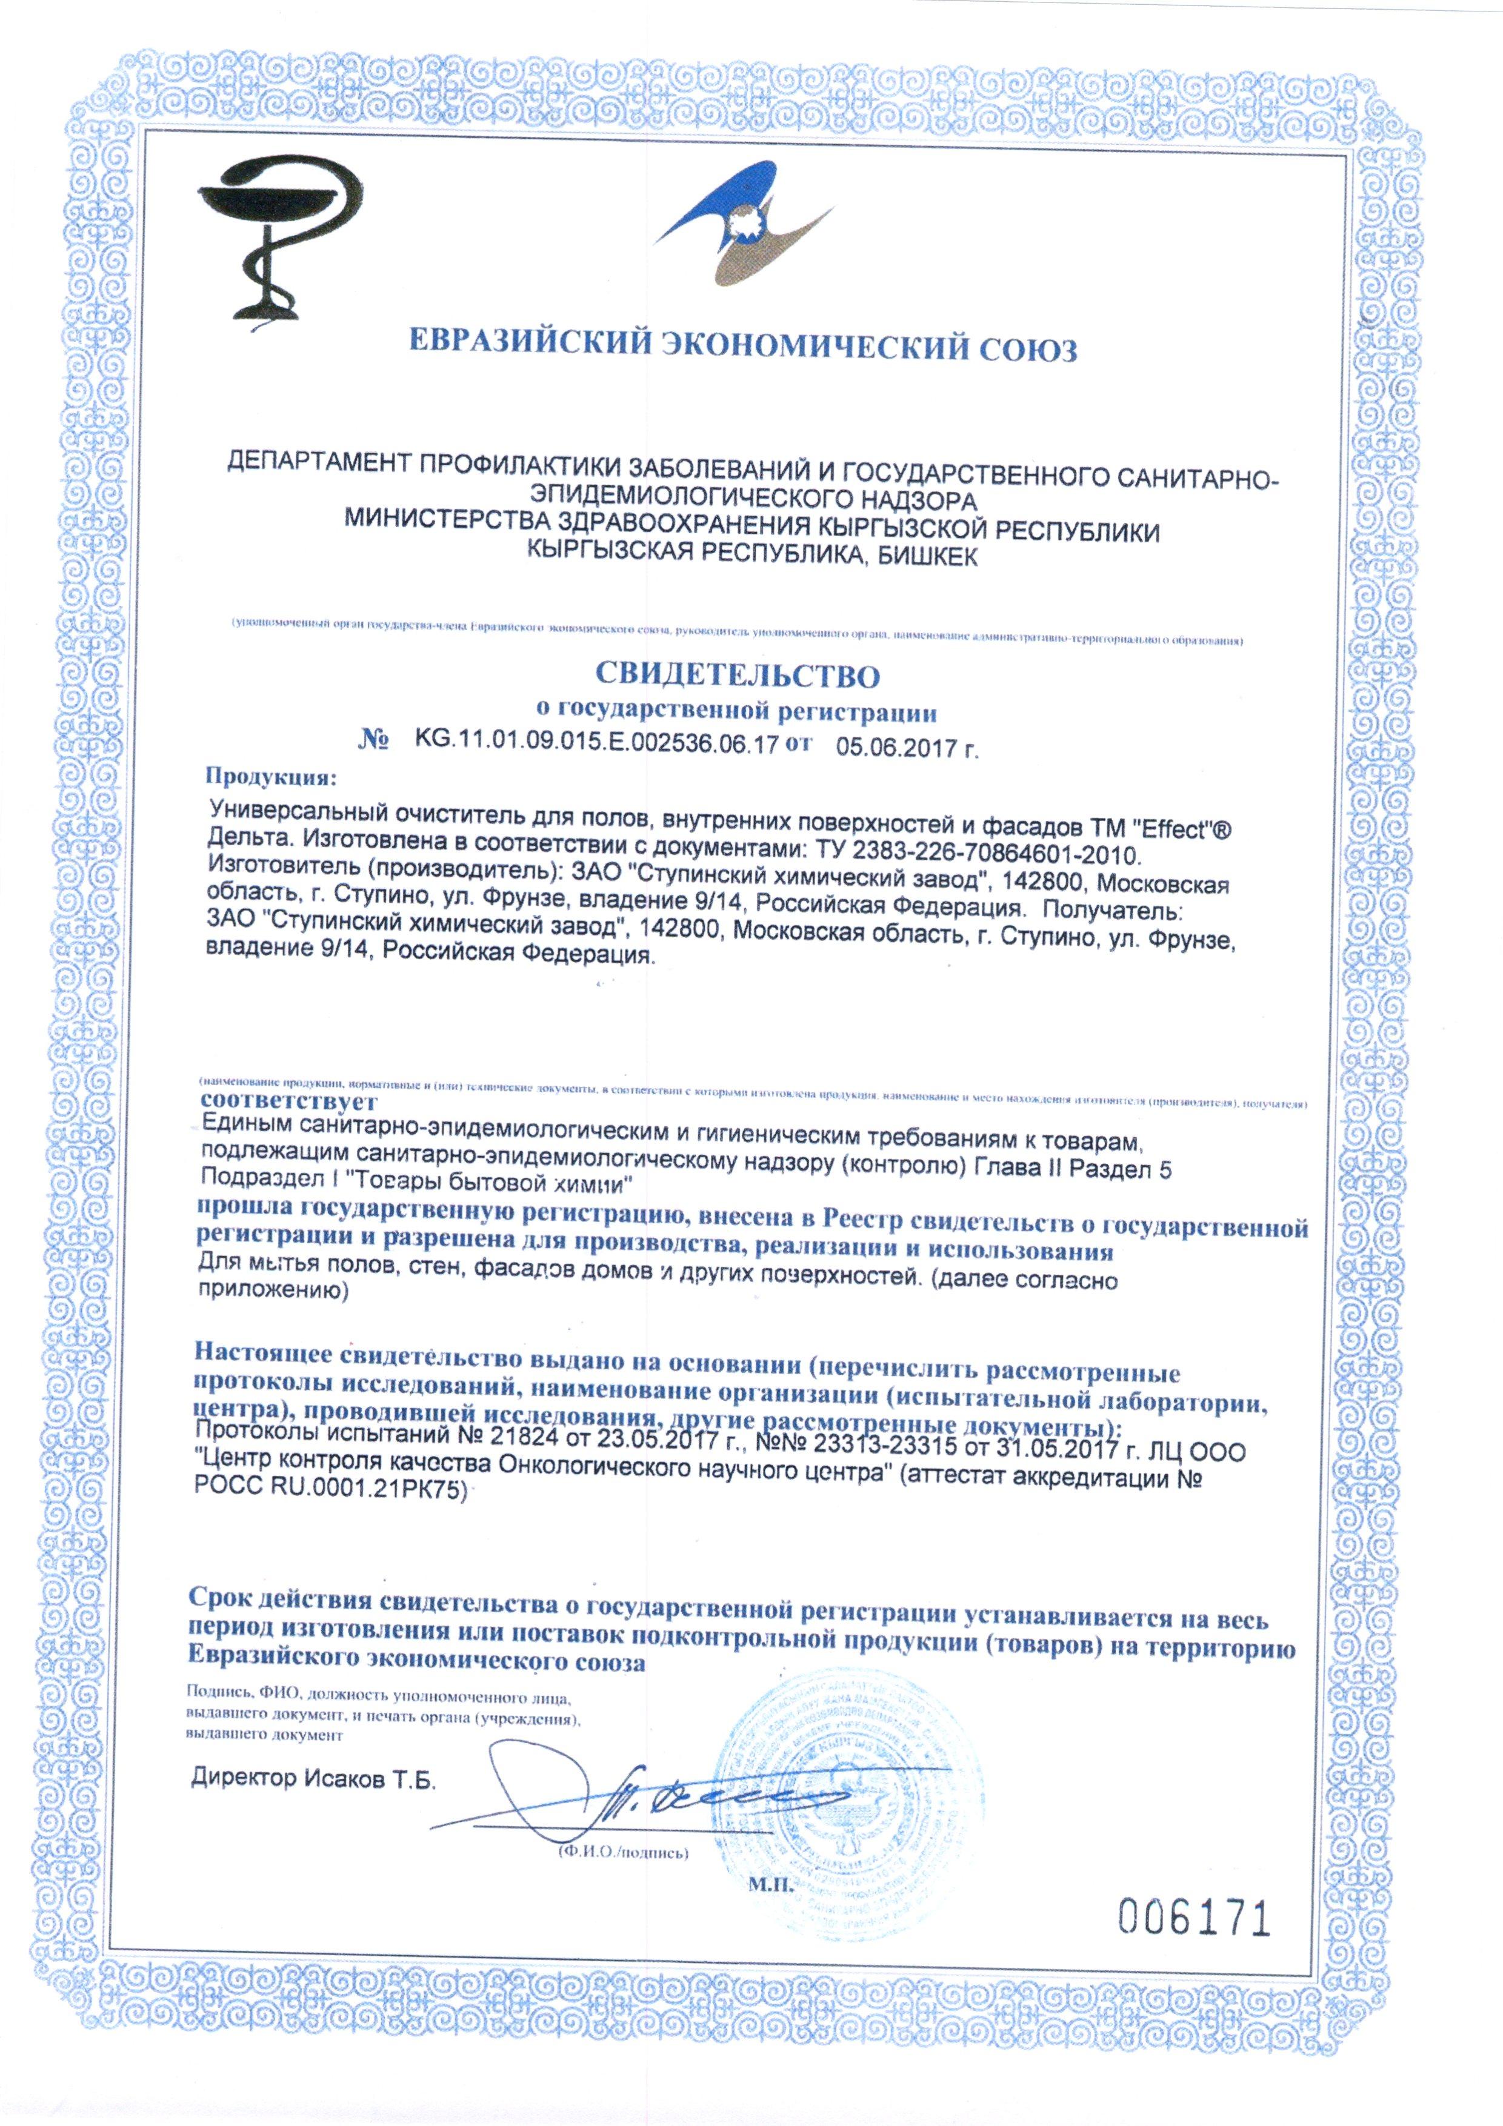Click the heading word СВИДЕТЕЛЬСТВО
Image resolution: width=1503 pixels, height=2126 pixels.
tap(736, 675)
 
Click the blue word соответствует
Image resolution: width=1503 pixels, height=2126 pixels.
tap(288, 1102)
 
